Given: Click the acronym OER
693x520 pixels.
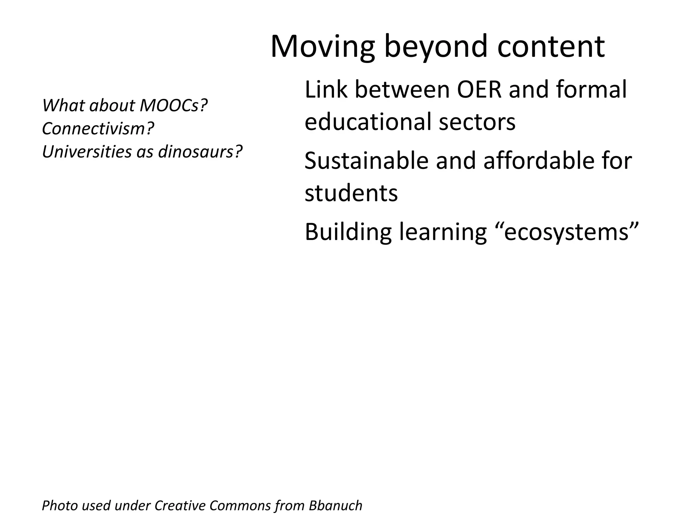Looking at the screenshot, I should [479, 90].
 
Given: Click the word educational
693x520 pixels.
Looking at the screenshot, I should [367, 122].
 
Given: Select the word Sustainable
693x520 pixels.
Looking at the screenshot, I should [366, 161].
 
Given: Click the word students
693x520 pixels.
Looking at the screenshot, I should [351, 193].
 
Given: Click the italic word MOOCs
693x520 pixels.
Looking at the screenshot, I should [173, 106].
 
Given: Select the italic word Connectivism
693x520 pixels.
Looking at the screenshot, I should [98, 129].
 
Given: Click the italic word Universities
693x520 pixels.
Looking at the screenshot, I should [87, 152].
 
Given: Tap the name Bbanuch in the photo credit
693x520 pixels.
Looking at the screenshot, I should [335, 506].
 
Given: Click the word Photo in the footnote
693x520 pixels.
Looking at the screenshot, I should [59, 506].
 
